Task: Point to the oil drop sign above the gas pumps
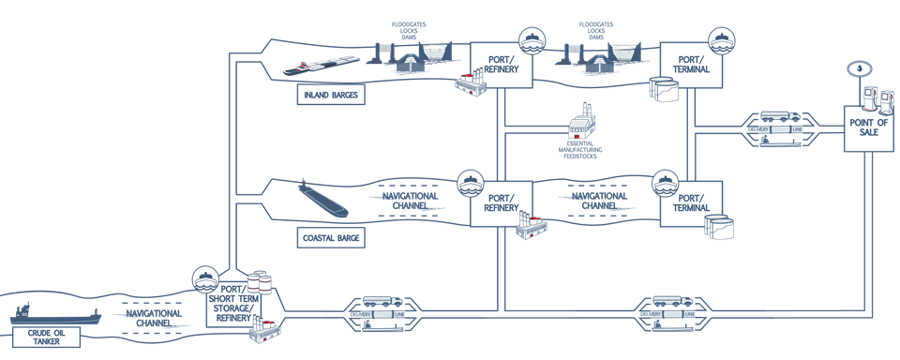(857, 71)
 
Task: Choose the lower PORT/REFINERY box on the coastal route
(502, 203)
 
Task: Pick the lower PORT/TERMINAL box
(692, 203)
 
